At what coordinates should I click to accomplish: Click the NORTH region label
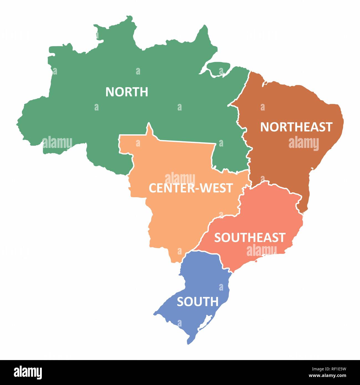(x=127, y=92)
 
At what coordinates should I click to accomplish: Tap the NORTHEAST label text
(x=296, y=127)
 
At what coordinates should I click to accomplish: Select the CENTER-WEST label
(x=191, y=188)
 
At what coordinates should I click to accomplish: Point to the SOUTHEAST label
(x=250, y=238)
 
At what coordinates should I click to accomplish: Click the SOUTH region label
(x=197, y=302)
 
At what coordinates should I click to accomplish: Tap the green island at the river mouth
(x=219, y=68)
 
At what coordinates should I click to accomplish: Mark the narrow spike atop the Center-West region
(x=150, y=129)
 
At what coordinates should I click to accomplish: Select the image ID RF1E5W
(x=334, y=369)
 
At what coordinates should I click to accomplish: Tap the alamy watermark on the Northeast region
(x=304, y=143)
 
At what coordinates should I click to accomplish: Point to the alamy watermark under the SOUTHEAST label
(x=261, y=250)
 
